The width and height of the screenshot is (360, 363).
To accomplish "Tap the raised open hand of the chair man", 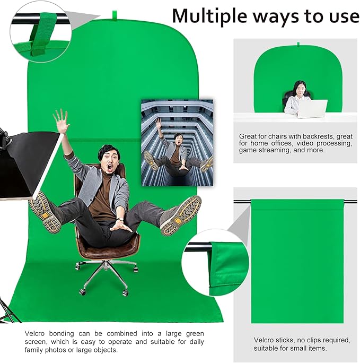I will click(x=62, y=122).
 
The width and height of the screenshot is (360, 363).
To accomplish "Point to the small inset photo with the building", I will click(x=177, y=142).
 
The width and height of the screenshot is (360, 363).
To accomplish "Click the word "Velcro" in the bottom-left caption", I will click(x=38, y=333).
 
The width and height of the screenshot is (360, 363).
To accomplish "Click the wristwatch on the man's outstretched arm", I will click(x=121, y=217).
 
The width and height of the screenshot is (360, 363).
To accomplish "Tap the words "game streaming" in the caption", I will click(x=261, y=150).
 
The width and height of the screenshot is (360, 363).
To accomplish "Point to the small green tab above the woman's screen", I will click(x=298, y=44).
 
